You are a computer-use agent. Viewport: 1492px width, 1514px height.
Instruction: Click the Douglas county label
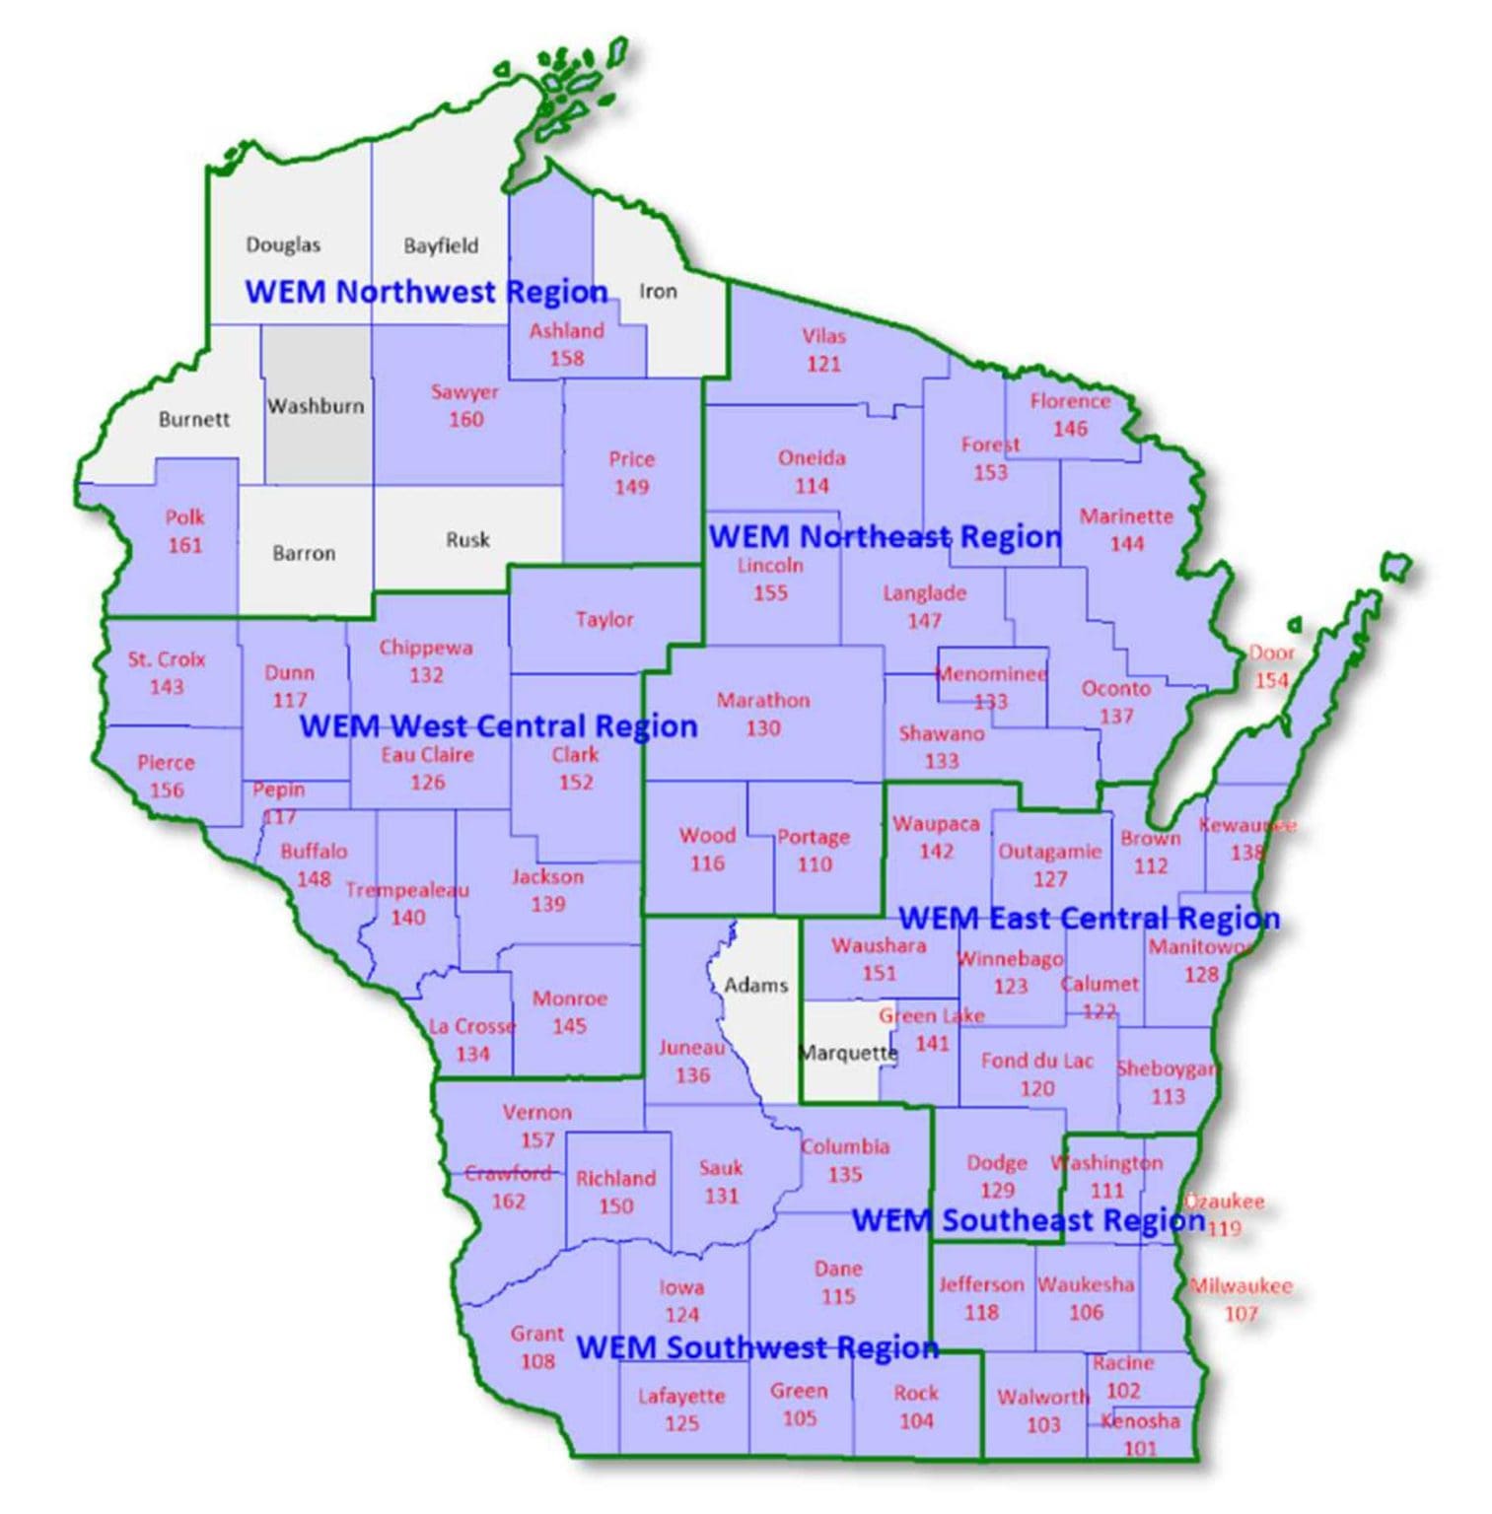[282, 244]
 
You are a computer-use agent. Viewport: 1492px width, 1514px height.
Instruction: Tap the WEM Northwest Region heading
[426, 292]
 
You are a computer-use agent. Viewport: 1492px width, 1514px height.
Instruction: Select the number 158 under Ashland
[567, 358]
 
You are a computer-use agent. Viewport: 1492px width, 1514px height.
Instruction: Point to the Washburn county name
[316, 406]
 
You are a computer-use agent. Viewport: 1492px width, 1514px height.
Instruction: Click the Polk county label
[184, 517]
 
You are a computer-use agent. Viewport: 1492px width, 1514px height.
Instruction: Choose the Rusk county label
[467, 540]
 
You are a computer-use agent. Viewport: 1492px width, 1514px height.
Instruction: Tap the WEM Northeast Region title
[885, 537]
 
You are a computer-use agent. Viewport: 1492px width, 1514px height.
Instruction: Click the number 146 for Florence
[1070, 429]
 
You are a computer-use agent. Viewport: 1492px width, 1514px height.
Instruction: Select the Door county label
[1271, 653]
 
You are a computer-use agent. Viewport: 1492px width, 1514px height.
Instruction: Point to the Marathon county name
[762, 701]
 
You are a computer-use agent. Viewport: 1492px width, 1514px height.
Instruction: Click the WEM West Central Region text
[498, 726]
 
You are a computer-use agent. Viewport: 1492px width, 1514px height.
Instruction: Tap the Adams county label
[755, 985]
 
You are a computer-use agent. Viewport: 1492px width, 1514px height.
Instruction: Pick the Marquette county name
[848, 1053]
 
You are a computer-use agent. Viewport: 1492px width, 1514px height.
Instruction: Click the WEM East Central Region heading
[1089, 919]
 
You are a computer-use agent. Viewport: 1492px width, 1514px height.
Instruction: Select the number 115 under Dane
[838, 1296]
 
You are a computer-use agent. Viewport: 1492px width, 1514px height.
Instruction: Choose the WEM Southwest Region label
[756, 1347]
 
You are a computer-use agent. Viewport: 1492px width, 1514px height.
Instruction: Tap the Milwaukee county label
[1241, 1286]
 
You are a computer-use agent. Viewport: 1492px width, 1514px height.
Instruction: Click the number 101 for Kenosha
[1140, 1448]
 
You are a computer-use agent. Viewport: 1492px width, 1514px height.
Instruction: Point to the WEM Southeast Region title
[1028, 1220]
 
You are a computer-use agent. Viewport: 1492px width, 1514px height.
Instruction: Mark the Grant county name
[536, 1334]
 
